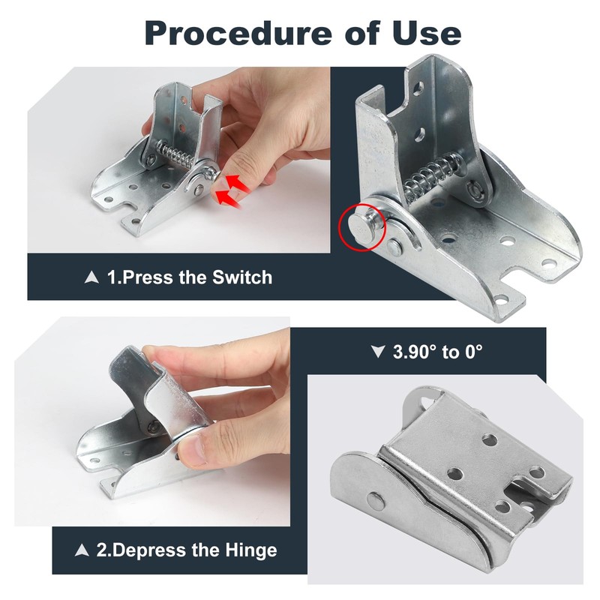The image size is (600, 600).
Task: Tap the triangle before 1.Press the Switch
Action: pos(93,277)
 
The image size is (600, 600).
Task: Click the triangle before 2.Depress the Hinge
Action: pos(83,550)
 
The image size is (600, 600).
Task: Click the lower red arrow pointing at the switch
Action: pos(229,196)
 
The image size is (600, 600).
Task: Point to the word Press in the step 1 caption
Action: pos(148,277)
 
